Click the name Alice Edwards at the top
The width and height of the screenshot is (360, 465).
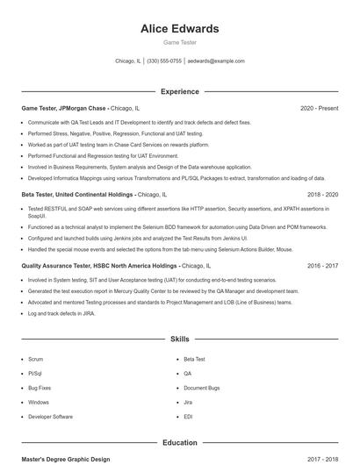point(179,29)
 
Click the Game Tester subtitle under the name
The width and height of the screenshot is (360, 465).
point(179,42)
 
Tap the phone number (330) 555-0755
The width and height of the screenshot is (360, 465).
point(164,61)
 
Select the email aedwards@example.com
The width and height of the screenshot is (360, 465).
point(216,61)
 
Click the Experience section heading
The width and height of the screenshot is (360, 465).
point(179,91)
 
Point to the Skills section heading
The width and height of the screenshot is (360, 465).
point(179,338)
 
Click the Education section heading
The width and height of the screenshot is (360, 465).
point(179,443)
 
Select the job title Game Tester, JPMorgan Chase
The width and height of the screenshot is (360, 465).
point(63,108)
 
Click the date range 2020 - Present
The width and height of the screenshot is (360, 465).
point(319,108)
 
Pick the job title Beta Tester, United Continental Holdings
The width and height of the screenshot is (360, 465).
point(77,194)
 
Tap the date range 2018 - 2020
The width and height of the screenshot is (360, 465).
point(322,194)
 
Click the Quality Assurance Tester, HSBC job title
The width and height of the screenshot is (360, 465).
point(99,265)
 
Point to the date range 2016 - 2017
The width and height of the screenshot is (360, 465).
point(322,265)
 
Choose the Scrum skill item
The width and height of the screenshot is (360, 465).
point(35,359)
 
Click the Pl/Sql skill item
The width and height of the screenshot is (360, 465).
point(35,373)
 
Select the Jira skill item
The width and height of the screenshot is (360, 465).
point(188,402)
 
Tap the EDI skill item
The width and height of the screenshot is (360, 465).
point(188,416)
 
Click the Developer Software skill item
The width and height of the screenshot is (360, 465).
point(50,416)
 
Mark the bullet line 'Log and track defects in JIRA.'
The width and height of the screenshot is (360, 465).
point(61,312)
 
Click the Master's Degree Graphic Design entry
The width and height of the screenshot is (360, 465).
point(66,459)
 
